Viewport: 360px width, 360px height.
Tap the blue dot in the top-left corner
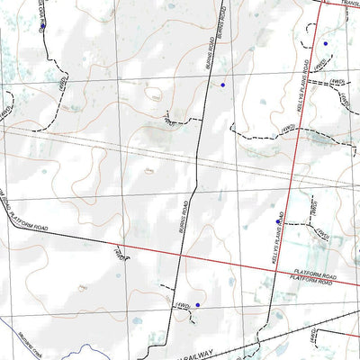coord(42,26)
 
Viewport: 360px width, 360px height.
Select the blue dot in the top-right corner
coord(325,43)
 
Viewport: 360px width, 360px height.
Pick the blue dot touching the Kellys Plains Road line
coord(278,220)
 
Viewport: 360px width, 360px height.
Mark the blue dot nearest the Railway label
coord(197,306)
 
